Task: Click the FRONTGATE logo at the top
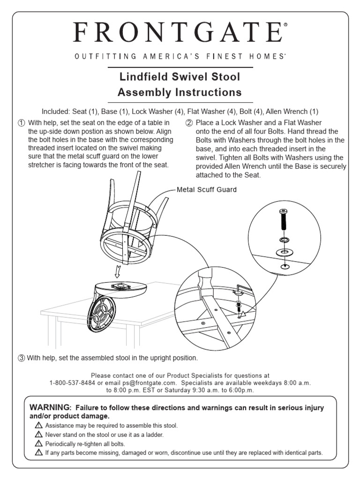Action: pos(180,34)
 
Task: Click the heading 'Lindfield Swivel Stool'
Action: pos(180,76)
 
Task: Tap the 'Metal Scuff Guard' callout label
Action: pos(206,190)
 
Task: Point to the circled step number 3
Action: pos(21,358)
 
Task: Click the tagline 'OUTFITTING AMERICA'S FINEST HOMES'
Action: pos(180,57)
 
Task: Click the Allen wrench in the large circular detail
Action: pos(240,287)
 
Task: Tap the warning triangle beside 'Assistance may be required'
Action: pos(39,426)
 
